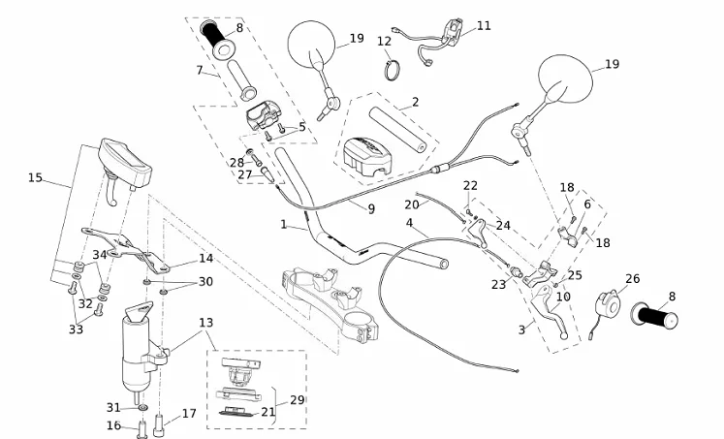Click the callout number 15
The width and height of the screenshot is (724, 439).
(x=36, y=177)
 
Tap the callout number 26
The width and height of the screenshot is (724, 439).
(x=632, y=279)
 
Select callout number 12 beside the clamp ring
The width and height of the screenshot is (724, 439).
(x=384, y=42)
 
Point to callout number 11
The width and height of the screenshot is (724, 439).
(x=484, y=26)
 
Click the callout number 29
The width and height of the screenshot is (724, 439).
(x=297, y=399)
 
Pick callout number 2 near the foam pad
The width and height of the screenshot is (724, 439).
(x=415, y=102)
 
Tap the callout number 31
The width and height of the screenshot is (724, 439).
(x=113, y=407)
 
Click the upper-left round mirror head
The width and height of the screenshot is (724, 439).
(x=311, y=46)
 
